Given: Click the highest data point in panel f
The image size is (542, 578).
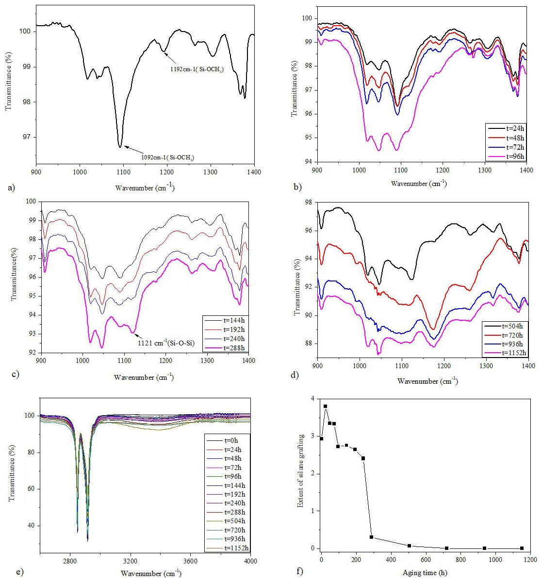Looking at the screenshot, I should click(325, 406).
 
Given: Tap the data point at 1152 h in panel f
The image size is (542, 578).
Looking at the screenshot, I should click(522, 548).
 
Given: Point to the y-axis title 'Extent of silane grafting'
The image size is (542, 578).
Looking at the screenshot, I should click(301, 471).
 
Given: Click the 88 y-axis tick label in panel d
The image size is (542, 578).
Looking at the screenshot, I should click(309, 344).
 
